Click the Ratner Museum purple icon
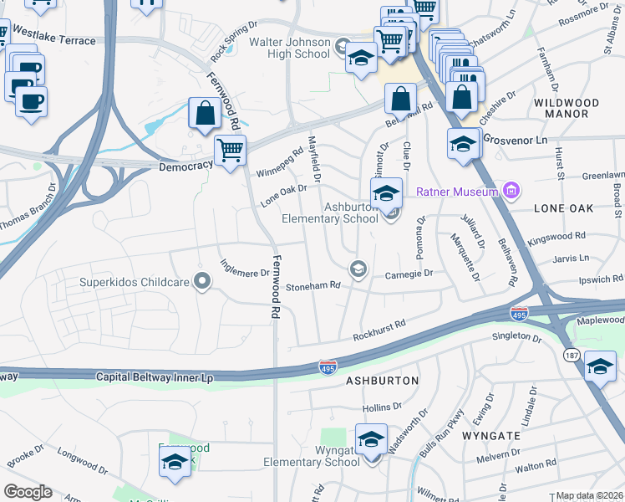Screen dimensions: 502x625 510,192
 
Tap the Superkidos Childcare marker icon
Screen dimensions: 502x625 201,281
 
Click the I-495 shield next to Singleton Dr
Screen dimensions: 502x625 519,314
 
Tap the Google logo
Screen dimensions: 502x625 28,491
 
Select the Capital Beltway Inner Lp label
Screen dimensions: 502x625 155,378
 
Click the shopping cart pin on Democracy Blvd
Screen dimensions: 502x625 230,151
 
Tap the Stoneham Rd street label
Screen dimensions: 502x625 313,286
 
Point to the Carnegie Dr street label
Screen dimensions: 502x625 409,274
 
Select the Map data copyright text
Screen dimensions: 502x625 589,495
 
